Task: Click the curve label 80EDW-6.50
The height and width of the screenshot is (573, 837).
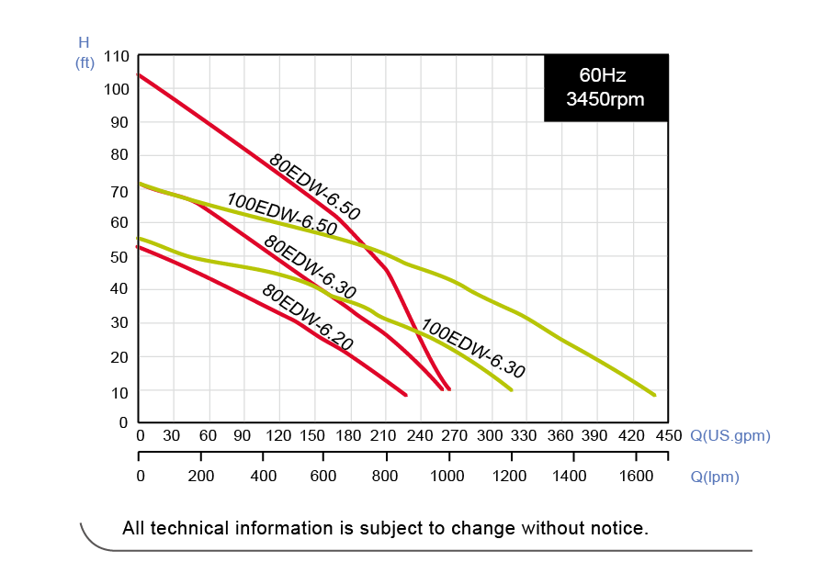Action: [315, 187]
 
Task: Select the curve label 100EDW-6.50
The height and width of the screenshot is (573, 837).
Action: [281, 216]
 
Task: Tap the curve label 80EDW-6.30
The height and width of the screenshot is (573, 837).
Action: [310, 266]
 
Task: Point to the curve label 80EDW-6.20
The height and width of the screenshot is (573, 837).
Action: [307, 317]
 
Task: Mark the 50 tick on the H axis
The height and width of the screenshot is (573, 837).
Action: [119, 256]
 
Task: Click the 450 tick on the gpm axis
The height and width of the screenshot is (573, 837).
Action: [668, 435]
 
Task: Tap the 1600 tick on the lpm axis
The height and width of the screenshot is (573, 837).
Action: [636, 476]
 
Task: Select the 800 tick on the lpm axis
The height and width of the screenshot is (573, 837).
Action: [386, 476]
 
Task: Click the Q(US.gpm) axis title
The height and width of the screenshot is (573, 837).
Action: [730, 435]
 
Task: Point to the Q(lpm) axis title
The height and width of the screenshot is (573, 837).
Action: [714, 477]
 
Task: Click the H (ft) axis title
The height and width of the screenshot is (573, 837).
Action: [85, 52]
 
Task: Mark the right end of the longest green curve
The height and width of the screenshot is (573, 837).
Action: [654, 395]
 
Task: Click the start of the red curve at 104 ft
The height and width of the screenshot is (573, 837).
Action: [139, 74]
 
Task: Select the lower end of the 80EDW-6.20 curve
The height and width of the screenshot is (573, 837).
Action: [405, 395]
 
